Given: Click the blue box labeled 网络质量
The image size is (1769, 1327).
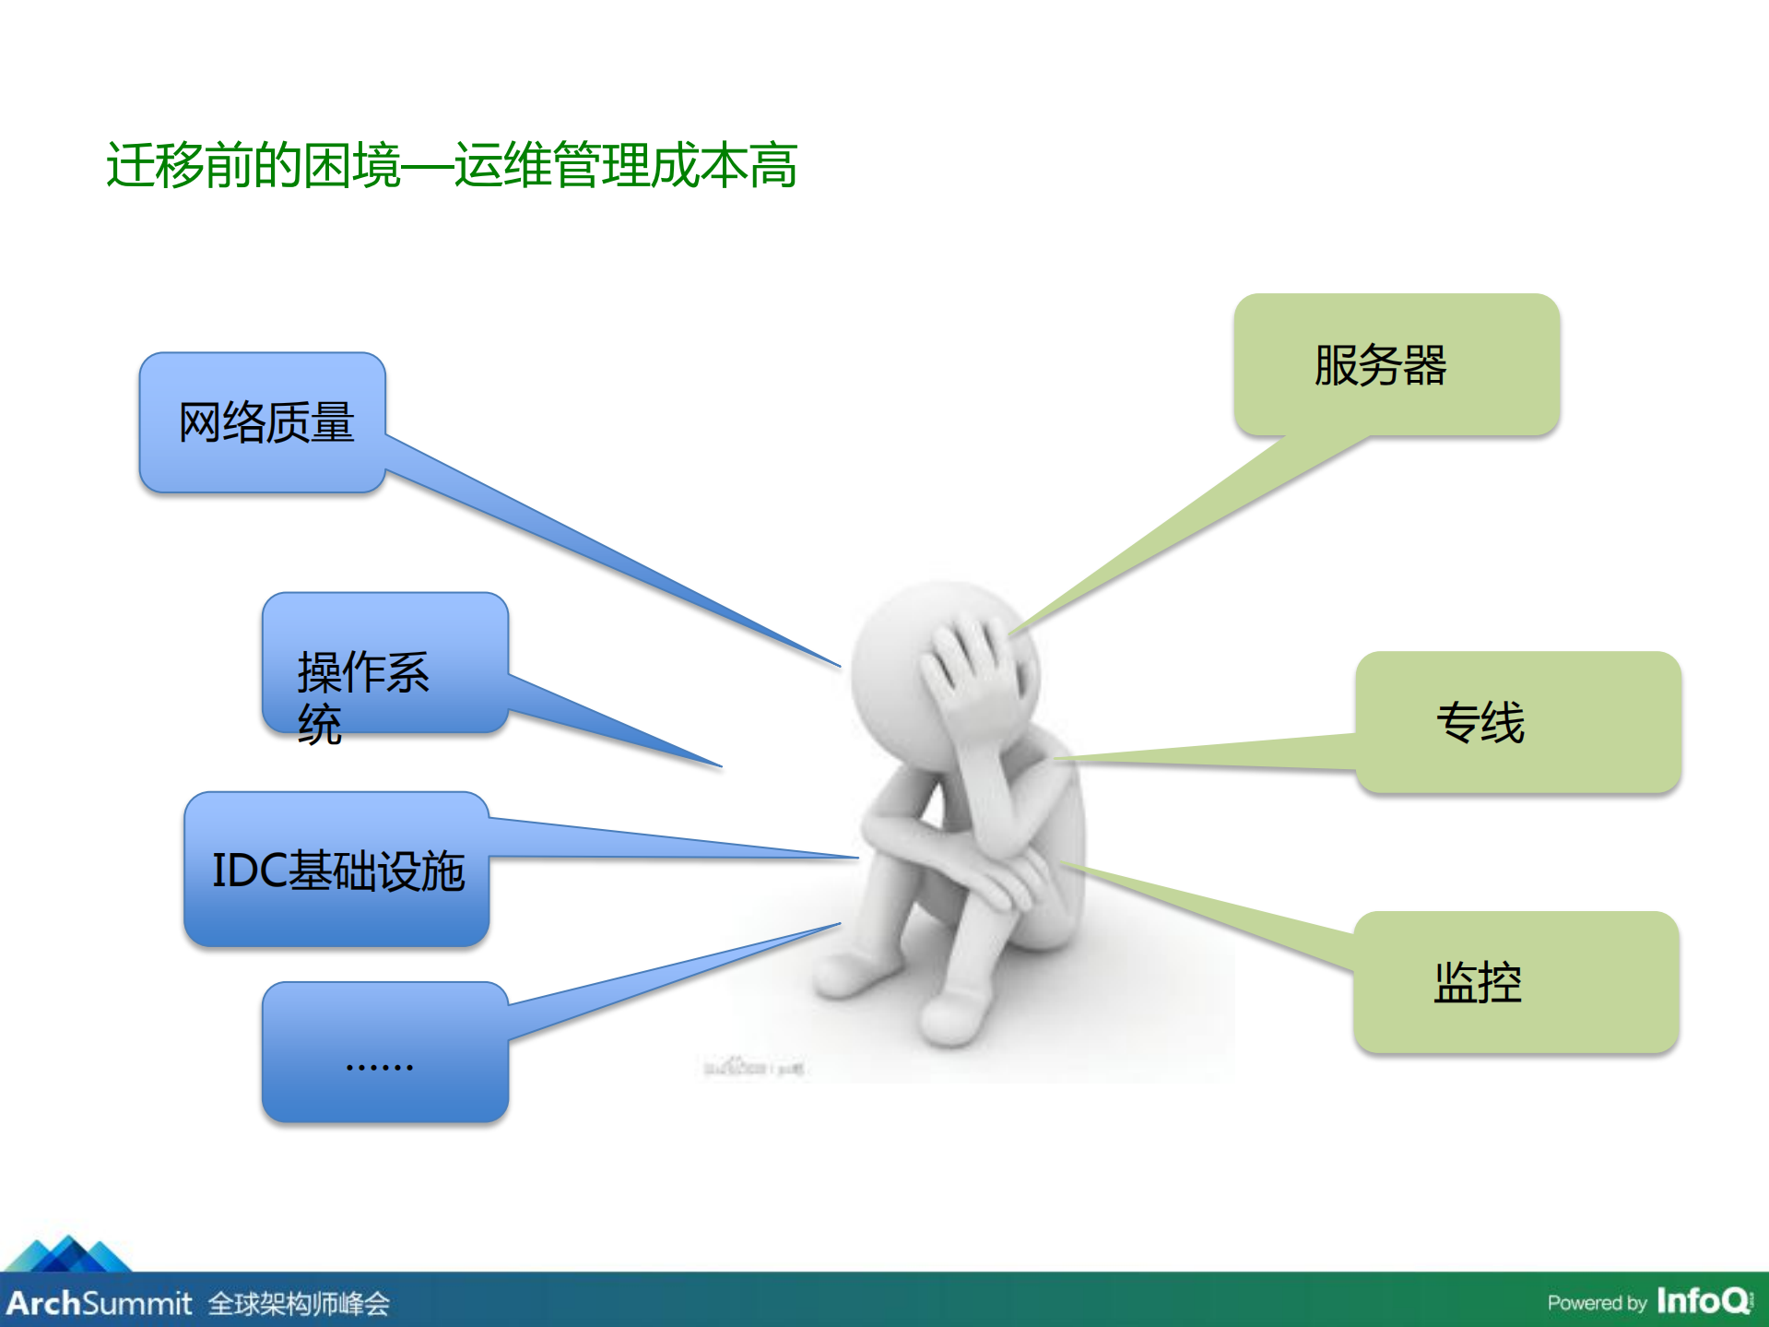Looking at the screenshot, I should click(x=263, y=422).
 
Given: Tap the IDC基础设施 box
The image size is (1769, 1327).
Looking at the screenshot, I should click(x=336, y=870).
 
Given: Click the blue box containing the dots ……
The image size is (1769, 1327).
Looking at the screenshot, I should click(x=384, y=1052).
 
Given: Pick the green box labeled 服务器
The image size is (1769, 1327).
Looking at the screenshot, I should click(x=1396, y=364).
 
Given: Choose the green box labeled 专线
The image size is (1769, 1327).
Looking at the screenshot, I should click(x=1517, y=721).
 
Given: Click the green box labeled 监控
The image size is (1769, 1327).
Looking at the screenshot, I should click(x=1515, y=982).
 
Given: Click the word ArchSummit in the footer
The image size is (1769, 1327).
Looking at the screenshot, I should click(x=99, y=1303).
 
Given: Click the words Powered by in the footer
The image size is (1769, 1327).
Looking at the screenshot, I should click(x=1597, y=1303).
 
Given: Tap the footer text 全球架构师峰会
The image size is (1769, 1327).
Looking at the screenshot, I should click(x=299, y=1304).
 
